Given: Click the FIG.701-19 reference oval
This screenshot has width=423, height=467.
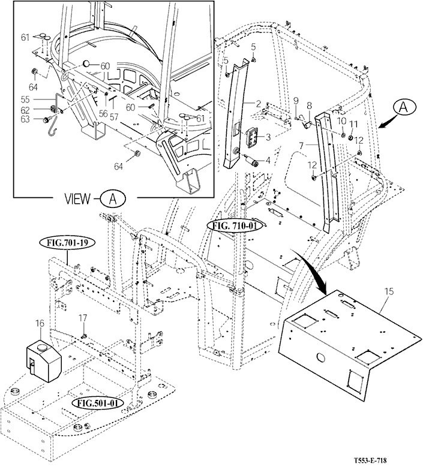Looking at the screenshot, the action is pos(67,243).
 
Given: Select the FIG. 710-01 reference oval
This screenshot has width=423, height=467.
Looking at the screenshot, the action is pos(235,226).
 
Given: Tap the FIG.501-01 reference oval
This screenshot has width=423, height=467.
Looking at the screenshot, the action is pos(98,403).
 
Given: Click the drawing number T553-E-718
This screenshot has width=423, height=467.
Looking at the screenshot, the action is pos(372,460).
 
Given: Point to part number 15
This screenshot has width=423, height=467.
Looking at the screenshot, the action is pos(389,291).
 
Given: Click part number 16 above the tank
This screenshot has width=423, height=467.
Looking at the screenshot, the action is pos(40,323).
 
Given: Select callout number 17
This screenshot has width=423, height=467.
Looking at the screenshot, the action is pos(83,318).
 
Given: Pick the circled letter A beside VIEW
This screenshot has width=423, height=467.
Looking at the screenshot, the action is pos(113,198).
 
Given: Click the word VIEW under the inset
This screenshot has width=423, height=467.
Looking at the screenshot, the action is pos(77,198).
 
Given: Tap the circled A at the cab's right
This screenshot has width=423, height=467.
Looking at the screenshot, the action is pos(403,108).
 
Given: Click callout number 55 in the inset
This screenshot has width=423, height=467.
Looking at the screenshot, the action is pos(25,99).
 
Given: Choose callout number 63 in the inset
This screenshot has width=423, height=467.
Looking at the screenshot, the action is pos(25,119).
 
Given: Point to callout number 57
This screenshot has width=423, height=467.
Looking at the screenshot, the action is pos(114,117).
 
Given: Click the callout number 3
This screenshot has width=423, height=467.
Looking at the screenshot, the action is pos(268,137).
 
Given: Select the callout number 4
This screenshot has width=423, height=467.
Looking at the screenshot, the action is pos(268,161).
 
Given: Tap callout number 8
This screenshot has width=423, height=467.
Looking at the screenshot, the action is pos(309,106).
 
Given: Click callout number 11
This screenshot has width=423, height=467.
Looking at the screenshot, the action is pos(353,123).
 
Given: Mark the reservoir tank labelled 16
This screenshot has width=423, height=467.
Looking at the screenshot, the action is pos(44,360).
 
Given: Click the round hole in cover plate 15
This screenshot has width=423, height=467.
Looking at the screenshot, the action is pos(321,358).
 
